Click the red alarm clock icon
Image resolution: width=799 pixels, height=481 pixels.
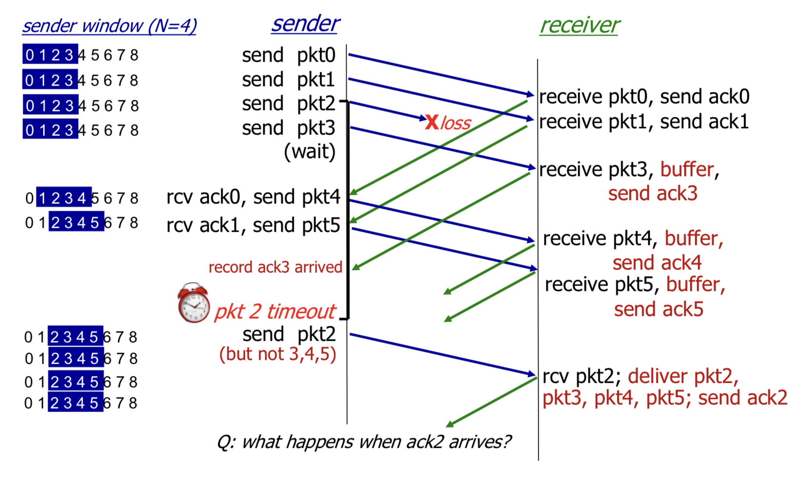pos(194,303)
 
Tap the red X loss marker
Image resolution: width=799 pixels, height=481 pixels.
pos(432,122)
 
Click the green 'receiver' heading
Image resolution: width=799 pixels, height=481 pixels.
pos(579,25)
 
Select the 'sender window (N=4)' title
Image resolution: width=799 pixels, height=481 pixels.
pos(110,26)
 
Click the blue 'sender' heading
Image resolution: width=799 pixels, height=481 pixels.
pos(305,23)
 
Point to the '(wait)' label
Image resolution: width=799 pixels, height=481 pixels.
pos(310,152)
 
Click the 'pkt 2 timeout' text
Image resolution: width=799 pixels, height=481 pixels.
pos(275,311)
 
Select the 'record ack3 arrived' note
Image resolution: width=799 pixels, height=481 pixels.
pos(275,267)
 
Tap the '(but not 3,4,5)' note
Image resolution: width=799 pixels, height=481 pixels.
pos(278,354)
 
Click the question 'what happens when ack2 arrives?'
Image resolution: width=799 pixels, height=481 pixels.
pos(364,442)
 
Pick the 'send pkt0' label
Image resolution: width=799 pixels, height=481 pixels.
pos(289,55)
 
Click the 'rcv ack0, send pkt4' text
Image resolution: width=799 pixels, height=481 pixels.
pos(253,197)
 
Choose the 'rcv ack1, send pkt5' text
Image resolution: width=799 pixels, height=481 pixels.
pos(253,225)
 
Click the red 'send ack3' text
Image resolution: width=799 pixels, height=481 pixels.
pos(652,194)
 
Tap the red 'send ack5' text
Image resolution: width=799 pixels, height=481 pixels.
pos(658,309)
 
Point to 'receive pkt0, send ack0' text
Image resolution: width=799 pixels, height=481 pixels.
pos(644,97)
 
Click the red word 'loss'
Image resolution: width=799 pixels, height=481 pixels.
pos(456,123)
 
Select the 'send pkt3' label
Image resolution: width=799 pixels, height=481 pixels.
pos(289,128)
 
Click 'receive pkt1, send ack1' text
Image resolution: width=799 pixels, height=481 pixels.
pos(644,122)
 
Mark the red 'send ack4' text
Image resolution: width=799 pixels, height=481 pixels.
pos(657,263)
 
